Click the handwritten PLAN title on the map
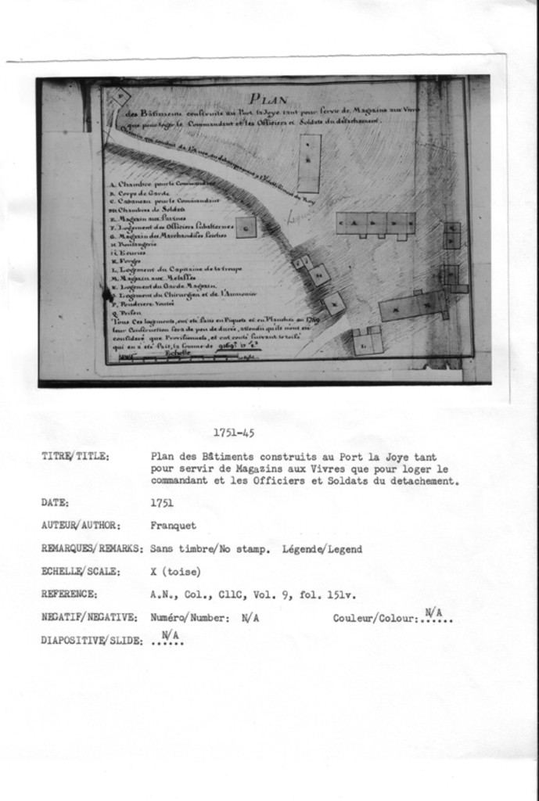[x=268, y=99]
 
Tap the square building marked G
[x=246, y=227]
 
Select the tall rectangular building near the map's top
[x=310, y=163]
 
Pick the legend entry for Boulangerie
[x=135, y=244]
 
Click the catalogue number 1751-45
[x=233, y=433]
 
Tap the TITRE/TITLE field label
[x=75, y=456]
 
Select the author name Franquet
[x=173, y=526]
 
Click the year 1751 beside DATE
[x=162, y=503]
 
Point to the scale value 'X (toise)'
[x=176, y=571]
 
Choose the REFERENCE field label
[x=69, y=594]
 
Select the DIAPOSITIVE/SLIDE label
[x=92, y=641]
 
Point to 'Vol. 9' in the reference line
[x=276, y=594]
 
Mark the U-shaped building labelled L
[x=367, y=340]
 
